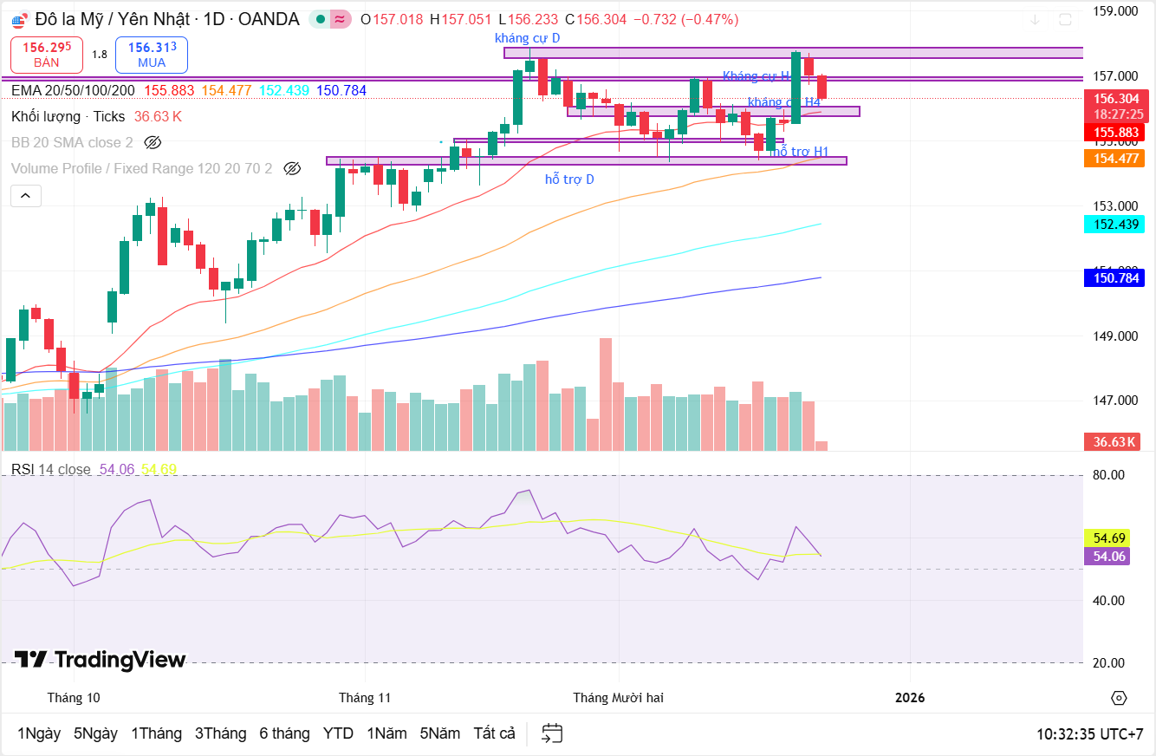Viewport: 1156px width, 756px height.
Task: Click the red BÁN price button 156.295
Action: [x=47, y=55]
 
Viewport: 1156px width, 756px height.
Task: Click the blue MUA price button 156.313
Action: [x=152, y=55]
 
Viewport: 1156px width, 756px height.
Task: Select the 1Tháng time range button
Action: [x=156, y=733]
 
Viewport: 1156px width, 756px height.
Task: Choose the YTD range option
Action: [x=338, y=733]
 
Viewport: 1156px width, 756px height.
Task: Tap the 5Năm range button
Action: [x=440, y=733]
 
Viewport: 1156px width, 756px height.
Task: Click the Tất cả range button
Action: [x=494, y=733]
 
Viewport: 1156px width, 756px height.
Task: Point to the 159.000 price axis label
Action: [x=1114, y=11]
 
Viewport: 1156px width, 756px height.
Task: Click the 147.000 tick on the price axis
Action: [x=1114, y=401]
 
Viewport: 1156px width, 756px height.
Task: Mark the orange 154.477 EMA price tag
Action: [x=1114, y=159]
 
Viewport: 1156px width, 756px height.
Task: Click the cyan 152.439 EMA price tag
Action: [x=1114, y=224]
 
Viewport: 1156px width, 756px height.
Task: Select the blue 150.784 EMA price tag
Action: [x=1114, y=278]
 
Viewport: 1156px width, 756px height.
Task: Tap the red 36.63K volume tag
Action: [x=1114, y=442]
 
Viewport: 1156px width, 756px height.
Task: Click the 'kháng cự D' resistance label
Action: [x=527, y=38]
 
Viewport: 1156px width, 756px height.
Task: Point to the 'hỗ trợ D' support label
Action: [x=569, y=179]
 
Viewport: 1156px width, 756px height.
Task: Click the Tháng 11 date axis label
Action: [x=365, y=698]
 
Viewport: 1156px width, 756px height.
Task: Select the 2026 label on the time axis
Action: [x=910, y=698]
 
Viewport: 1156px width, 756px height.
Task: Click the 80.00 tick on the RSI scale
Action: [x=1109, y=475]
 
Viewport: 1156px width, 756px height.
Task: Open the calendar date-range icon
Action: [x=552, y=733]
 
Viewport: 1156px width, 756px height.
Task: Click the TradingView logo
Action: [x=101, y=660]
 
